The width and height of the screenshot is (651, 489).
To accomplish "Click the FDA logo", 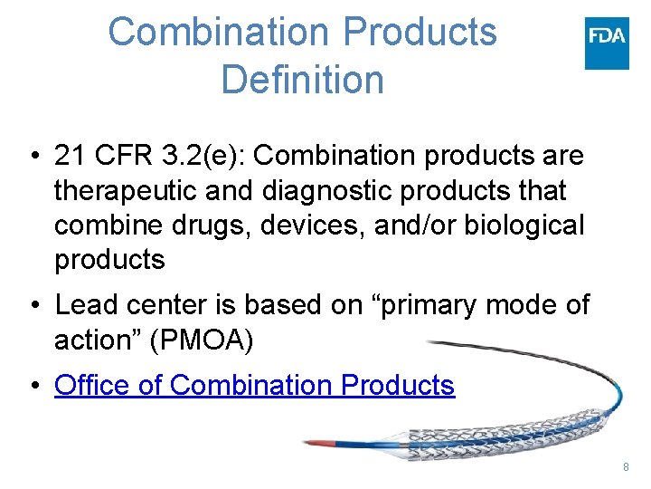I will click(607, 43).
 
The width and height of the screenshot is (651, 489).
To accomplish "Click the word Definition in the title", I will click(302, 79).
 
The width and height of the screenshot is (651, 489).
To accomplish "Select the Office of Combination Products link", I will click(254, 385).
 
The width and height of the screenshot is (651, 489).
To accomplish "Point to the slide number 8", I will click(626, 466).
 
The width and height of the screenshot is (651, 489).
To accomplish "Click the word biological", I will click(524, 225).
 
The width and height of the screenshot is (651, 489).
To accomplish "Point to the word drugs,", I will click(213, 225).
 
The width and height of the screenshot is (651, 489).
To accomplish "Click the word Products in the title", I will click(422, 32).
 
